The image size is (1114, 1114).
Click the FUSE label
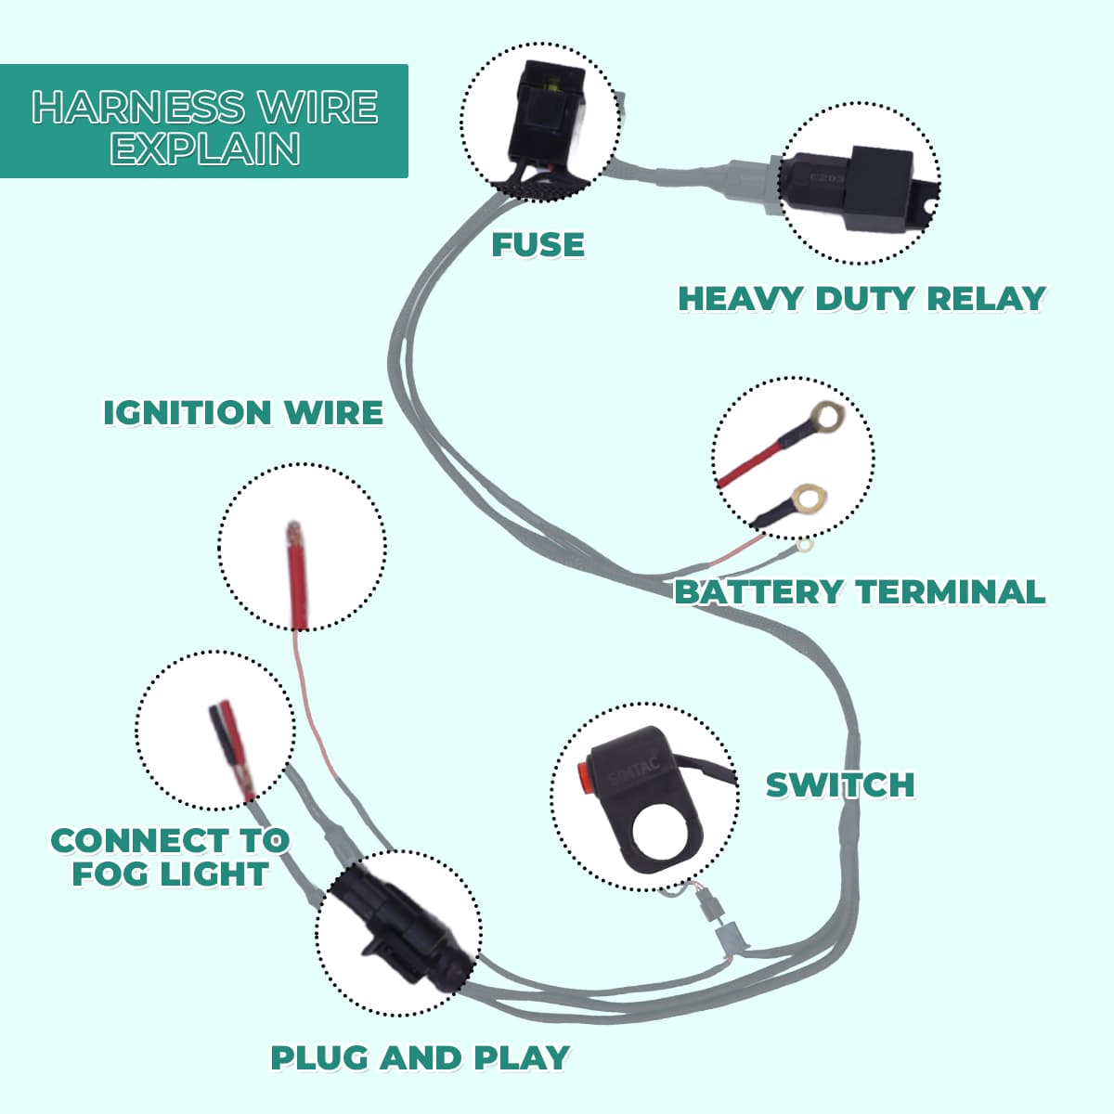[x=538, y=245]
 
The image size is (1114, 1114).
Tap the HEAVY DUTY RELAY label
[x=861, y=299]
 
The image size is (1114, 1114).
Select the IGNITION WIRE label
[x=242, y=412]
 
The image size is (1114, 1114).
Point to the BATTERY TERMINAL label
[x=860, y=591]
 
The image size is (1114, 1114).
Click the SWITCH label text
[x=840, y=784]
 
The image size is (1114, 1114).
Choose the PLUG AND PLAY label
[x=420, y=1057]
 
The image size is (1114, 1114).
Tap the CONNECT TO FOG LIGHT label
[x=170, y=857]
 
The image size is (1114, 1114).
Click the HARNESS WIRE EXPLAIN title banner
[x=204, y=121]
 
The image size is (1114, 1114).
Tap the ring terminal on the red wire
[x=825, y=417]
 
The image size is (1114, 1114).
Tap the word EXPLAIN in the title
[x=205, y=149]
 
